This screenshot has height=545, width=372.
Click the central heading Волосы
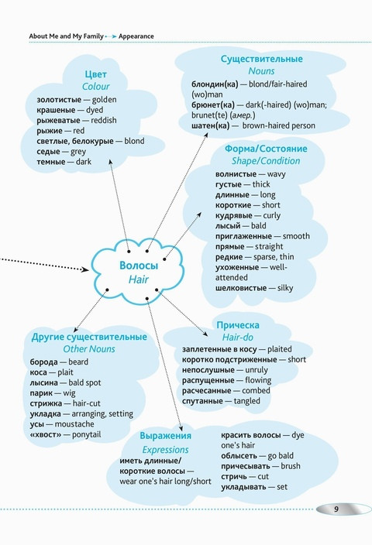click(x=139, y=266)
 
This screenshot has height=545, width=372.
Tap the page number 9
click(x=336, y=509)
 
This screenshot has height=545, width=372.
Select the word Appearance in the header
click(x=136, y=36)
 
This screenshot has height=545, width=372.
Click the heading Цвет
click(x=95, y=74)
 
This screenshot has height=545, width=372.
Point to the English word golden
click(x=104, y=100)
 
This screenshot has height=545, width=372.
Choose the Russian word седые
click(x=48, y=152)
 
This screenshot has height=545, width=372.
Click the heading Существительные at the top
click(x=262, y=59)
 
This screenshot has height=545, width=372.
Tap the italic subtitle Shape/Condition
click(x=266, y=161)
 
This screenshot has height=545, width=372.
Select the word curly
click(x=272, y=215)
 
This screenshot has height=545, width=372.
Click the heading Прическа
click(x=238, y=325)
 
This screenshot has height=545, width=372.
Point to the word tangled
click(x=246, y=401)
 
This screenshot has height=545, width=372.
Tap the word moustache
click(x=74, y=424)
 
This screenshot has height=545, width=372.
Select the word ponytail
click(x=86, y=434)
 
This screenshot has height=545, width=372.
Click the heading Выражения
click(x=165, y=436)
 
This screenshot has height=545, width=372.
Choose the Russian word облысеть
click(x=239, y=456)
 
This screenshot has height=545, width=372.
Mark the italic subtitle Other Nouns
click(x=89, y=348)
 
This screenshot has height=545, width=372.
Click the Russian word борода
click(x=44, y=362)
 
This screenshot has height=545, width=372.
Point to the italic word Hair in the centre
click(x=139, y=279)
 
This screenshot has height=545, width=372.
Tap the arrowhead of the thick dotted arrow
click(x=85, y=269)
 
